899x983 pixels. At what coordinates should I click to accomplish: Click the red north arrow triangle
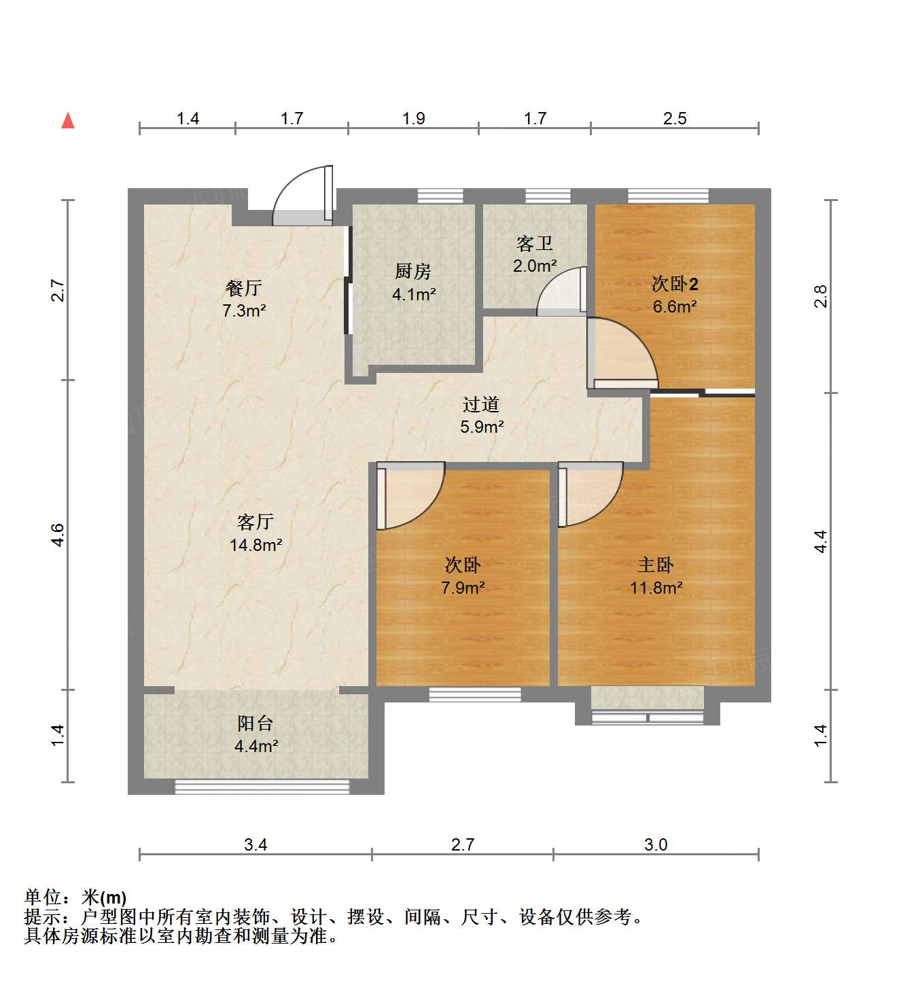point(68,121)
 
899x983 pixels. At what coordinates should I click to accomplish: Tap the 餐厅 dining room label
point(243,288)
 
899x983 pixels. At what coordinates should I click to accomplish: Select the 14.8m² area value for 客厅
point(255,545)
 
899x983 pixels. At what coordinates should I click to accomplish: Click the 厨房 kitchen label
point(413,272)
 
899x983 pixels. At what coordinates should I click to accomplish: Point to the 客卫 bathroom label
point(534,243)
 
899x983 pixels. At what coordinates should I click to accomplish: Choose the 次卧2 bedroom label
point(674,283)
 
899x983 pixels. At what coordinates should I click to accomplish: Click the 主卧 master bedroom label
point(655,565)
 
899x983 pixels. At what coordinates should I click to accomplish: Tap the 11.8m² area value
point(656,588)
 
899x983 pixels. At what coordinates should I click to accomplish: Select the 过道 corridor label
point(481,404)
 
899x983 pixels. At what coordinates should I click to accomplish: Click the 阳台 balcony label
point(255,723)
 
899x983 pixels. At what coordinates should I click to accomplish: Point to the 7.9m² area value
point(463,588)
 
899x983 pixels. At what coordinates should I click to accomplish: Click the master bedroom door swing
point(591,495)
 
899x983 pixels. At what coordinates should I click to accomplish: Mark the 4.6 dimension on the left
point(58,535)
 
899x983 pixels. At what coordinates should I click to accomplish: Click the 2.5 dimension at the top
point(675,118)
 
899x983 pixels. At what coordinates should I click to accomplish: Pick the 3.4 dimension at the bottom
point(255,844)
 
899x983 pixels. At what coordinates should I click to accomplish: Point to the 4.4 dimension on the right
point(821,541)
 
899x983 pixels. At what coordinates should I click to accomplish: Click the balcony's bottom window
point(262,787)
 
